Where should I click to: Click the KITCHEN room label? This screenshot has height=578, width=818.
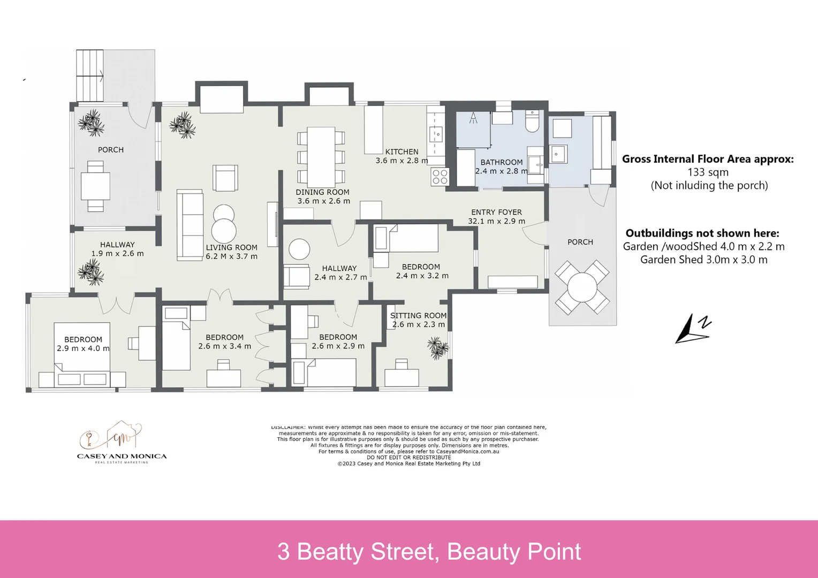402,151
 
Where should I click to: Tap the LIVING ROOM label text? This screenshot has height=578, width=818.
231,247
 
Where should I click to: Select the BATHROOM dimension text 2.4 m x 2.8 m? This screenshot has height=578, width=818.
501,171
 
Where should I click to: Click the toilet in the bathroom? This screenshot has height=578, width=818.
532,122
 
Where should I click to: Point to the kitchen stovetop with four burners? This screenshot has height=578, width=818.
440,177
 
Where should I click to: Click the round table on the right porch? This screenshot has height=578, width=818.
582,287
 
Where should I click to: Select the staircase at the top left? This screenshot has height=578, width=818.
89,75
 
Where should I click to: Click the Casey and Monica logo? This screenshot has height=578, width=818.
122,442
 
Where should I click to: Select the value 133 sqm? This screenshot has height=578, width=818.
708,172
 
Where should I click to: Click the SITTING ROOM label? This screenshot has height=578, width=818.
418,316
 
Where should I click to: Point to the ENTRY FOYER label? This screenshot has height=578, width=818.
496,212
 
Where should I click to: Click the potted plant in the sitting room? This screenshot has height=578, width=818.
438,348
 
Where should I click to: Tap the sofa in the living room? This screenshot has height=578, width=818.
190,225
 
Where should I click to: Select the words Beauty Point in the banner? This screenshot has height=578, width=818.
513,552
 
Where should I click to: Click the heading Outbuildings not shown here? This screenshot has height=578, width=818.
702,233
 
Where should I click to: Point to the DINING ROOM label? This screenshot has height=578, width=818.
322,192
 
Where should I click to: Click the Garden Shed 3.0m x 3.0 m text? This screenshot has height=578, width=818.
703,260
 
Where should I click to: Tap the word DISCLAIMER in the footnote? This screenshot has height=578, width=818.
287,427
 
